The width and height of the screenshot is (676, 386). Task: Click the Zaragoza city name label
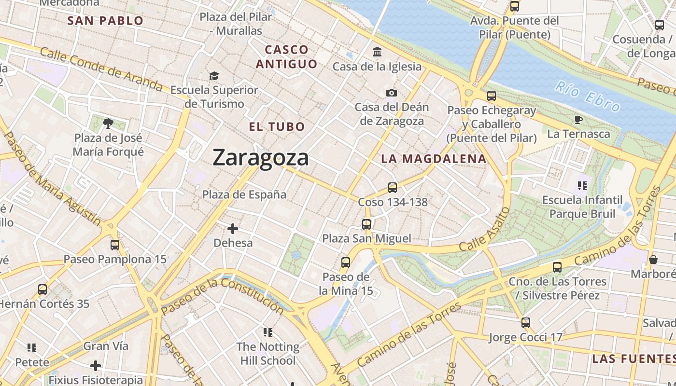(260, 158)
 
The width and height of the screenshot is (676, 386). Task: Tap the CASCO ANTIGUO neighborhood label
(287, 56)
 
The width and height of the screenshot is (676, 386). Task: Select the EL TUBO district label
(277, 127)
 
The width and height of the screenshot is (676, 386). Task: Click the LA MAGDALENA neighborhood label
(433, 159)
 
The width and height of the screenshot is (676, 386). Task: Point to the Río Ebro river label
(587, 96)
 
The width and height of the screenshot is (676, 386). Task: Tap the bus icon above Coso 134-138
(393, 188)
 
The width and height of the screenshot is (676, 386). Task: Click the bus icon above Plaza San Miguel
(366, 224)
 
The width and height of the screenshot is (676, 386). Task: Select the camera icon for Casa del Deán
(392, 93)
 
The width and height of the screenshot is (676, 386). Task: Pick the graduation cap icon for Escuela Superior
(214, 76)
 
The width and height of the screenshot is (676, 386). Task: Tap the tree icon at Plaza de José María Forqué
(108, 124)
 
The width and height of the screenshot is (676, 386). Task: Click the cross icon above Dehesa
(233, 228)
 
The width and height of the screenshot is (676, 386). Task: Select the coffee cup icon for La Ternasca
(578, 120)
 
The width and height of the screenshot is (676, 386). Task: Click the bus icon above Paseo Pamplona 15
(115, 245)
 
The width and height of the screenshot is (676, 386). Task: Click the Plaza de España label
(244, 194)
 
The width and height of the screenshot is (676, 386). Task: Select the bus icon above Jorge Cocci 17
(526, 323)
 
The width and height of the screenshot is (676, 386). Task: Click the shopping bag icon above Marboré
(653, 260)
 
